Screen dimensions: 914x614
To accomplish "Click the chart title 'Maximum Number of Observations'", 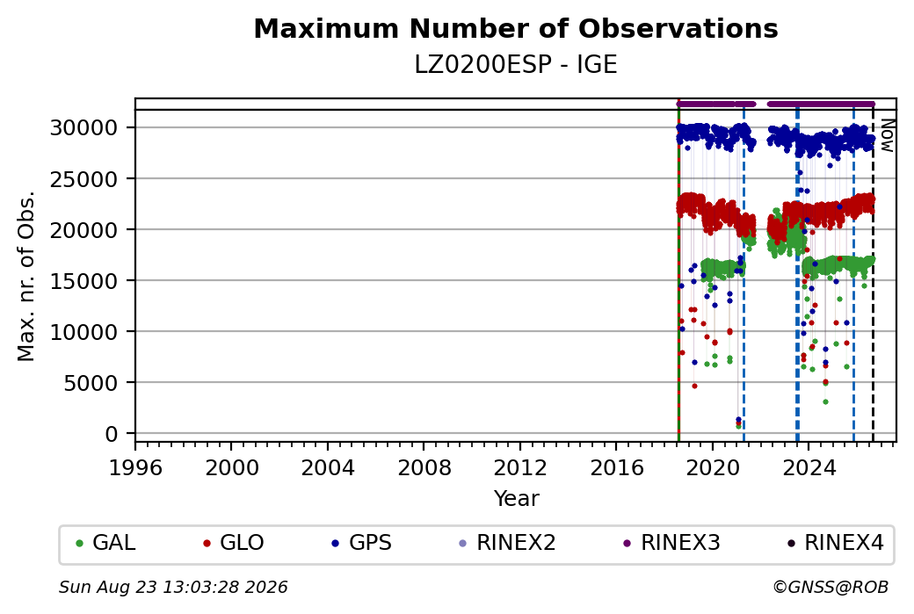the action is pos(516,28).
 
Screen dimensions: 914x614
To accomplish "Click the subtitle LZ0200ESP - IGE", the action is pos(516,65).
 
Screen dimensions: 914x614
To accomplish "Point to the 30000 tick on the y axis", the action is pos(84,127).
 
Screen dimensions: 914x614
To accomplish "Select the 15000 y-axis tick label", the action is pos(84,281).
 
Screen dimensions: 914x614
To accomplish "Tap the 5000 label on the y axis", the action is pos(91,383).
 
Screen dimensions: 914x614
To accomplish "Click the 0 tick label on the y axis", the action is pos(112,434).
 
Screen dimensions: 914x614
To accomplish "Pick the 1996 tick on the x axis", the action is pos(135,468).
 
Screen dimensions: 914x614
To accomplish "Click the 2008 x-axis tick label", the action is pos(424,468).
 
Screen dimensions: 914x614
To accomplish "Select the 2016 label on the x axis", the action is pos(616,468).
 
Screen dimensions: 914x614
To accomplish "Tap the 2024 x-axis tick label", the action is pos(809,468).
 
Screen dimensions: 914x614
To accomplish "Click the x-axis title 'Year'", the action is pos(517,499).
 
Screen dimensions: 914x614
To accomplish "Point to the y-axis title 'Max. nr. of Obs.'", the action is pos(26,276).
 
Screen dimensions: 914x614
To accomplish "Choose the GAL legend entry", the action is pos(105,543).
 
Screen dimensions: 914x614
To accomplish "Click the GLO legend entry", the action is pos(233,543).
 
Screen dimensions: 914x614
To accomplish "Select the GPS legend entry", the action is pos(361,543).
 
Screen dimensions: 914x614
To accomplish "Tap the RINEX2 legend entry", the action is pos(507,543).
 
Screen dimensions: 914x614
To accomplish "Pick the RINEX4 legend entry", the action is pos(835,543).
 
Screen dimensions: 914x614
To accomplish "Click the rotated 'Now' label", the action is pos(887,135).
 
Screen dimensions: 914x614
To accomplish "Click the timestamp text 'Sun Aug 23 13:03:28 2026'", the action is pos(173,587).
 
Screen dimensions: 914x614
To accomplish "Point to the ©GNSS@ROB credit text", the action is pos(831,587).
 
